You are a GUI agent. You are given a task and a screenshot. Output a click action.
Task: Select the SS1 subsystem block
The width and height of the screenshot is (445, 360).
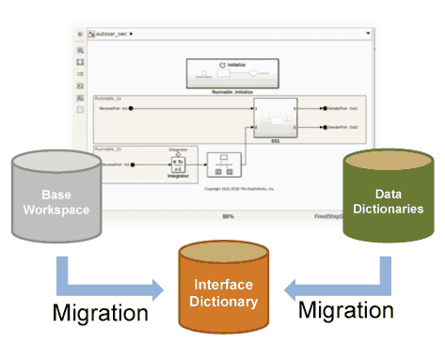(275, 117)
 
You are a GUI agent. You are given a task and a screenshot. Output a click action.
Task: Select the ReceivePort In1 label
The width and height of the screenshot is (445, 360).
(113, 108)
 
